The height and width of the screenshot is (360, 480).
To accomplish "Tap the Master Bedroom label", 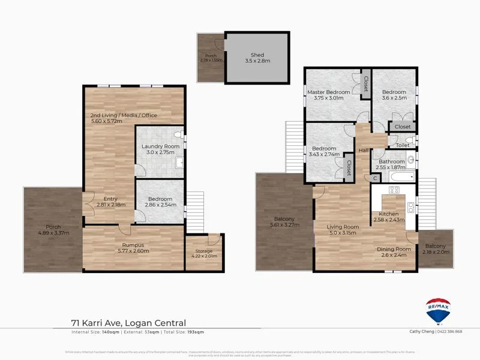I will [328, 92].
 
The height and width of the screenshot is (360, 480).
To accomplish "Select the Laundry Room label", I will [160, 146].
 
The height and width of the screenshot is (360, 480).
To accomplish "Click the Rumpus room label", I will [132, 244].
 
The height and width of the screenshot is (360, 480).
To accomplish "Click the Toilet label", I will [403, 145].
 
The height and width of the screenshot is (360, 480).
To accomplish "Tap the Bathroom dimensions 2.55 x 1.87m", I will [391, 168].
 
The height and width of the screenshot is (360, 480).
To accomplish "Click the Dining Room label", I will [394, 249].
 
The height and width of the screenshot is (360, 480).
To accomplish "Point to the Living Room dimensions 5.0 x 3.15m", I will [342, 234].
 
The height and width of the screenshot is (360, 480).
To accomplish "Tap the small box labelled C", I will [374, 178].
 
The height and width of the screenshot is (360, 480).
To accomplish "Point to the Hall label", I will [364, 151].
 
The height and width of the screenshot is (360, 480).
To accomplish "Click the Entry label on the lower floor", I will [110, 199].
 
